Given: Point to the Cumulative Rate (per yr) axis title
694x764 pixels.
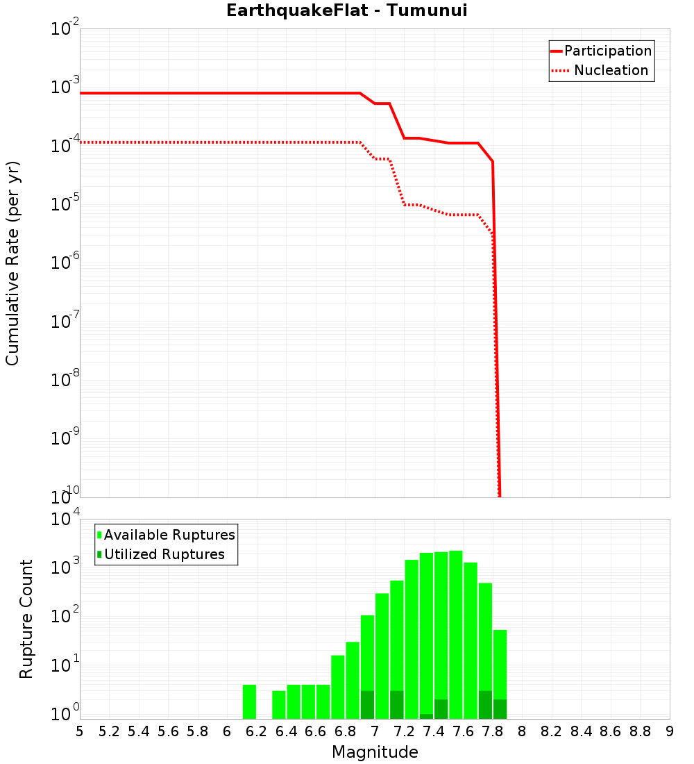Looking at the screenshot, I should click(12, 263).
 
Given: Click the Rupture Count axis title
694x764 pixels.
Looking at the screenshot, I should click(26, 619).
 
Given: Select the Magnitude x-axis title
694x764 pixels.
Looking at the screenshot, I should click(375, 752).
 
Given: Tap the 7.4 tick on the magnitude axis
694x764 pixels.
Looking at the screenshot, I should click(434, 731).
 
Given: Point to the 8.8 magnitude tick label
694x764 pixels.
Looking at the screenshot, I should click(640, 731).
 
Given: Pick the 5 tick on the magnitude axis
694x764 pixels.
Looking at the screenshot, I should click(80, 731).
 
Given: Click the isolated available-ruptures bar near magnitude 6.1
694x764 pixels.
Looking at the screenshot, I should click(250, 701).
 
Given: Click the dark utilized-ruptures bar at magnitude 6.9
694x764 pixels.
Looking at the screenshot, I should click(368, 705).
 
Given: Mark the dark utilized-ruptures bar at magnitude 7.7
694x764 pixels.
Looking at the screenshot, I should click(486, 705).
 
